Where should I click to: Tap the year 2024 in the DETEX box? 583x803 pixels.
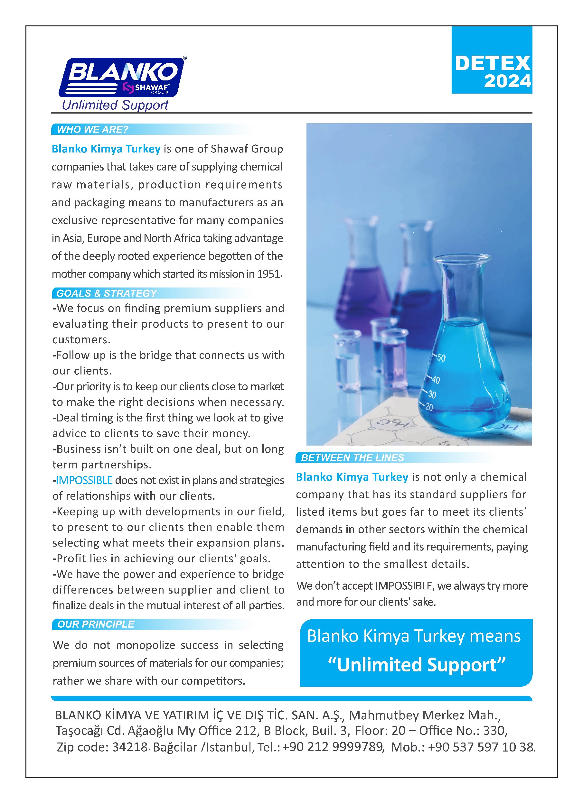[507, 81]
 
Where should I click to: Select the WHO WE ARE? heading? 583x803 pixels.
[92, 130]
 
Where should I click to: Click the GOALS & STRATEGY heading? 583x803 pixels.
[107, 293]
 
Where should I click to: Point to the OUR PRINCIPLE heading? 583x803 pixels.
[96, 624]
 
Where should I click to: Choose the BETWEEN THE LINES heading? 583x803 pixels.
[352, 457]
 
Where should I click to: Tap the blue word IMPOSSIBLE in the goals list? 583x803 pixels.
[84, 480]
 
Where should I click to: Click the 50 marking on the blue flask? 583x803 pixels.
[441, 358]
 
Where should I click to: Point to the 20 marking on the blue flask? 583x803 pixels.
[429, 407]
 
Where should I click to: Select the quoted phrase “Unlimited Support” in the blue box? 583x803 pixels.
[417, 665]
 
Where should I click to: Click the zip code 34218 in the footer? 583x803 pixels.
[129, 747]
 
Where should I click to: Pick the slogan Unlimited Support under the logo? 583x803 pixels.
[115, 105]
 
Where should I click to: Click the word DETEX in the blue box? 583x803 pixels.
[492, 64]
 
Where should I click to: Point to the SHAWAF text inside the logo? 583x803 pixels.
[152, 87]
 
